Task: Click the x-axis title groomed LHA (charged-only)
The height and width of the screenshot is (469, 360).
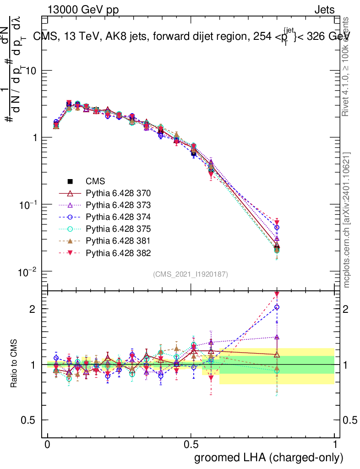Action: coord(269,458)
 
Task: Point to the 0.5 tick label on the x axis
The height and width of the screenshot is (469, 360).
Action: coord(191,445)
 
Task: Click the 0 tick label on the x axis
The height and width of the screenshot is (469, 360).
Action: coord(48,445)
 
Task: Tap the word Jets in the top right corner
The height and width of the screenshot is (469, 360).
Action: coord(324,10)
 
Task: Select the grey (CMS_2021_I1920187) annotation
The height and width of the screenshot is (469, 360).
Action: coord(191,274)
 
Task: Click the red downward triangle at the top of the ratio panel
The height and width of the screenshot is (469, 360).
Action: coord(276,294)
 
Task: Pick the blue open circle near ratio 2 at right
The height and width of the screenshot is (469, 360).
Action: coord(276,307)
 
